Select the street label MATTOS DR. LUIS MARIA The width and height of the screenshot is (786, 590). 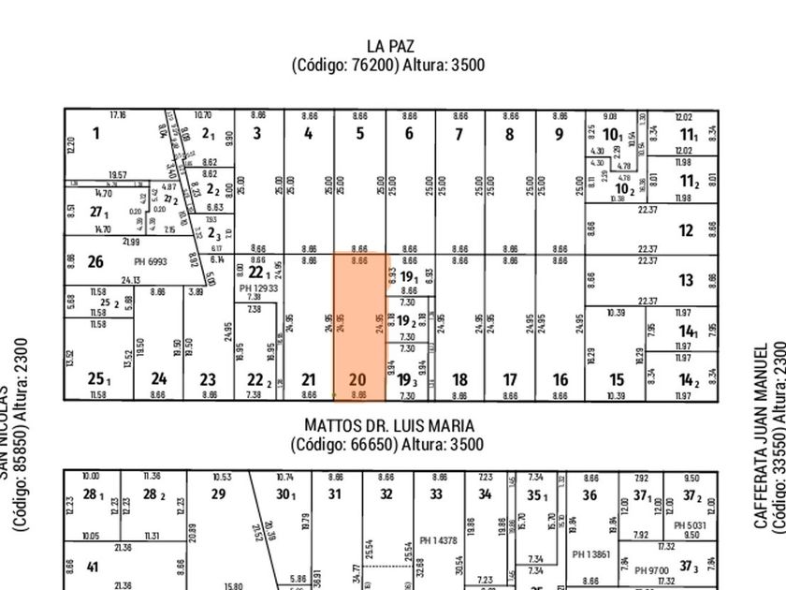coord(387,425)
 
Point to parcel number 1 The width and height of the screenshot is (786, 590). coord(95,134)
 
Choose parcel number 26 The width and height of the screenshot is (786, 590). coord(95,261)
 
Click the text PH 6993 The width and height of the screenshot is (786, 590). coord(150,262)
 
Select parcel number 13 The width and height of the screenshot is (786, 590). coord(686,279)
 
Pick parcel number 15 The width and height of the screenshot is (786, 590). coord(617,379)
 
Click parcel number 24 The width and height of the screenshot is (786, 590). coord(159,379)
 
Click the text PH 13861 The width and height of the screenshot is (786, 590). coord(589,553)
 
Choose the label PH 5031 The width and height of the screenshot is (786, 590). coord(691,524)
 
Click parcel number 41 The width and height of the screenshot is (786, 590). coord(92,567)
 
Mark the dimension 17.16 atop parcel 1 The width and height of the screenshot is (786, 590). coord(118,114)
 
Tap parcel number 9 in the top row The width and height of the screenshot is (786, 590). coord(559,134)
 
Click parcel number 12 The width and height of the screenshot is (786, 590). coord(686,230)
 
